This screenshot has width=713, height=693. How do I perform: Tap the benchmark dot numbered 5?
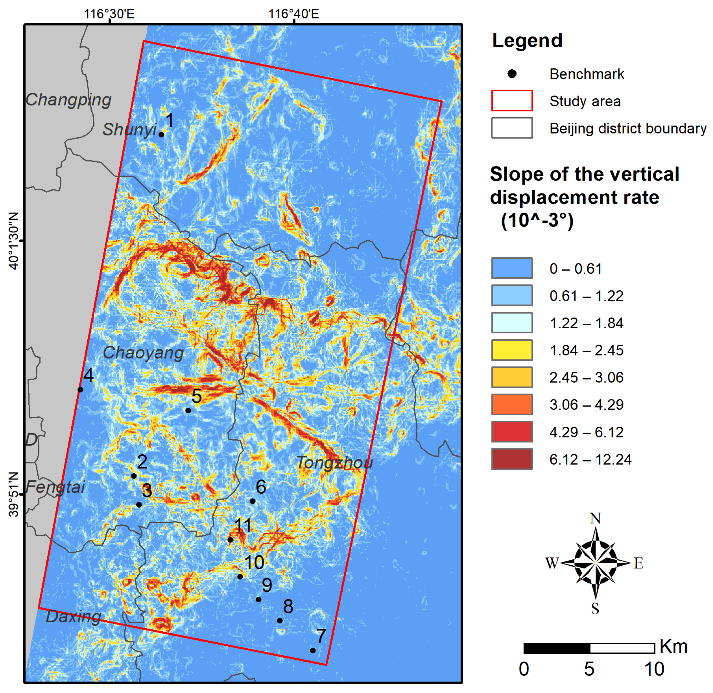188,410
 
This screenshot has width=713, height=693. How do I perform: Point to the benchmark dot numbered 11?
230,540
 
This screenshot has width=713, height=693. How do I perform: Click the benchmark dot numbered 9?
258,599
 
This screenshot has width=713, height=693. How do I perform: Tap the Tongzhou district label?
334,463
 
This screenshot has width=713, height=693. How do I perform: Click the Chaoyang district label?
143,353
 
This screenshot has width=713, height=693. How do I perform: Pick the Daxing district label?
74,617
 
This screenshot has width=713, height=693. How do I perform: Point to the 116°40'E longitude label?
294,14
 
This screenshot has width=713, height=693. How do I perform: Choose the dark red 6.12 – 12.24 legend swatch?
512,459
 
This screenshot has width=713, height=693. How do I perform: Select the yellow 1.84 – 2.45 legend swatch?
512,350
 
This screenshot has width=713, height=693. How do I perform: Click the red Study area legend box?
512,101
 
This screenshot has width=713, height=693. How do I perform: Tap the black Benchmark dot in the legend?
512,74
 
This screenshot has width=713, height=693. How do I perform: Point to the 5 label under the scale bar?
589,669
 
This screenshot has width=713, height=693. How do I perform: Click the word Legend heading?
527,40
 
